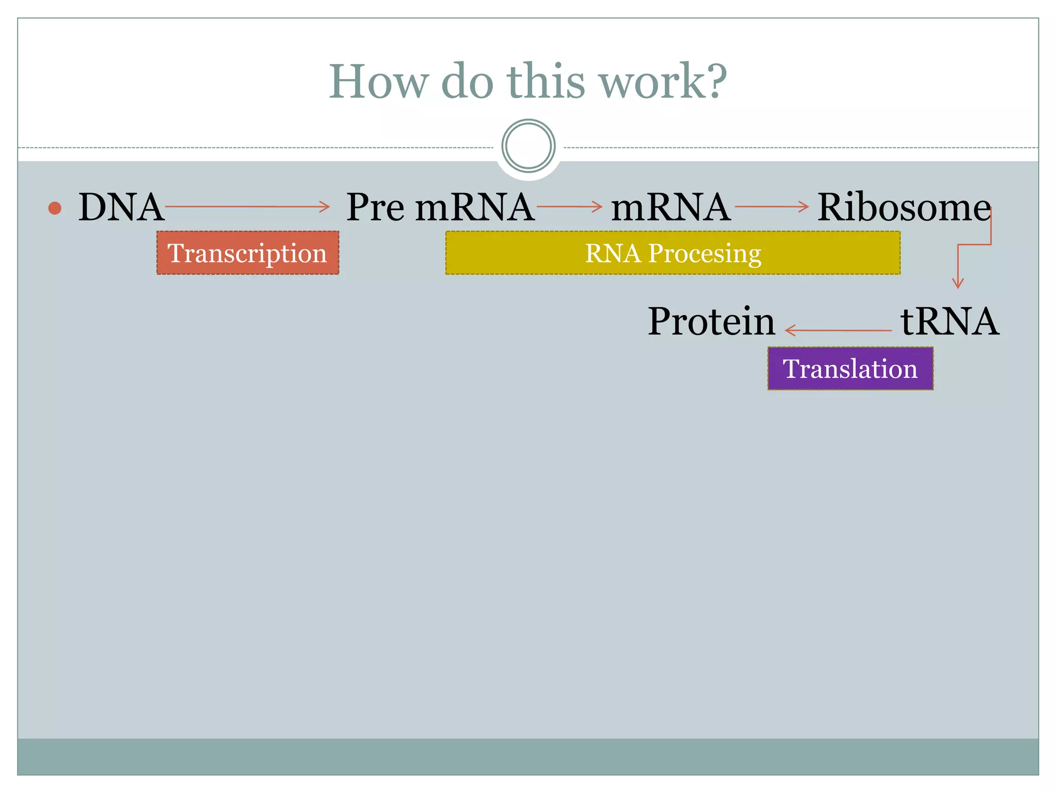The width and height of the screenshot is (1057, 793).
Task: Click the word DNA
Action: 121,208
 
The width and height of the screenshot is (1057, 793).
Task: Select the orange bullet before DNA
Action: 55,208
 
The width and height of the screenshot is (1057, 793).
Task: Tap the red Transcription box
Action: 248,253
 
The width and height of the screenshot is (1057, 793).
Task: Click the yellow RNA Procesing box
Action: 672,253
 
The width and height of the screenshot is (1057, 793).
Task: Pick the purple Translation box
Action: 850,369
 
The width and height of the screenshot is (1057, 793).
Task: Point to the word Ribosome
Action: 903,208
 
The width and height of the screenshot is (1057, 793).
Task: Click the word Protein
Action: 711,322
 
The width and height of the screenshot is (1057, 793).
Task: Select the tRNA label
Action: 949,322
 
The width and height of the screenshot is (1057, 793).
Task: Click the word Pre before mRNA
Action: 375,208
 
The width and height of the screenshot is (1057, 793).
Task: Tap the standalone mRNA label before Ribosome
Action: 670,208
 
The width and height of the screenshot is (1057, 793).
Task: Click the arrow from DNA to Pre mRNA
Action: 247,207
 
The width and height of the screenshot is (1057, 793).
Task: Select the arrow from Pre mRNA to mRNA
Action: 569,207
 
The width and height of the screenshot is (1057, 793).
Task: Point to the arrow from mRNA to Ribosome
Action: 771,207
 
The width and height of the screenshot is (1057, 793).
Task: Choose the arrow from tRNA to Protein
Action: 838,330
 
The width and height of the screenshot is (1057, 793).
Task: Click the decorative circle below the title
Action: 528,146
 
